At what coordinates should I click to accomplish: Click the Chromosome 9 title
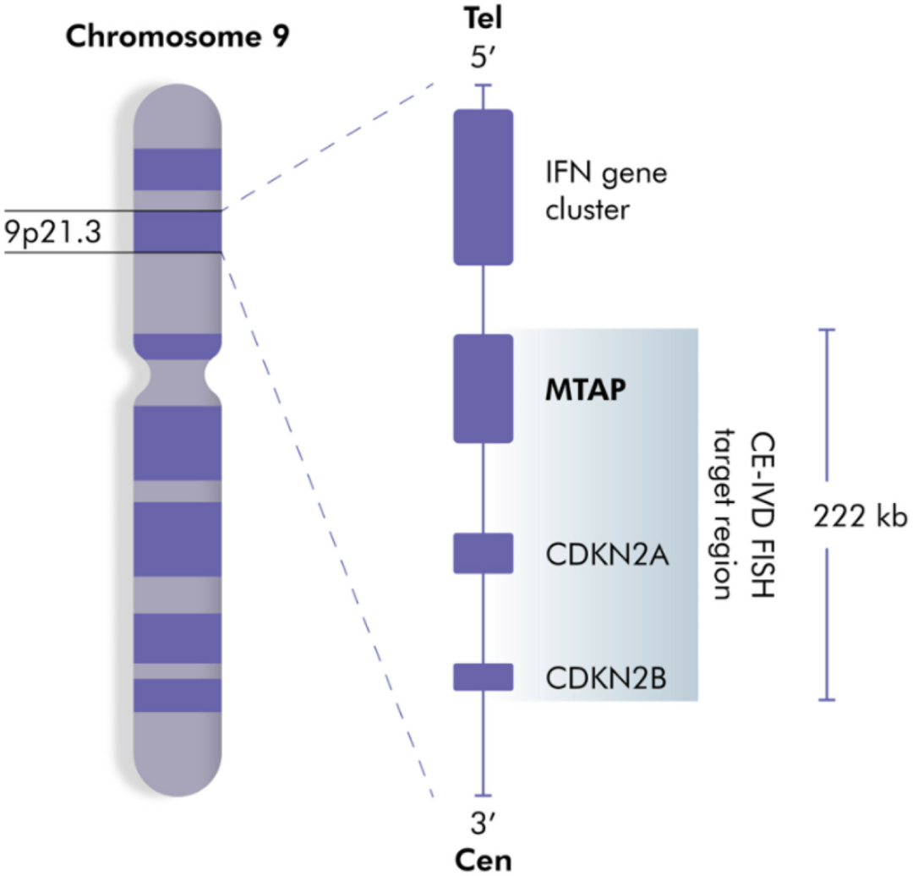click(x=177, y=36)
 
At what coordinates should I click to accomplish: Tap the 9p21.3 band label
click(x=53, y=232)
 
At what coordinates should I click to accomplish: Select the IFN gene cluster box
click(x=484, y=187)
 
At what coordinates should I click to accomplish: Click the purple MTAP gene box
click(x=484, y=388)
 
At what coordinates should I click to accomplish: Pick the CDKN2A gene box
click(x=484, y=553)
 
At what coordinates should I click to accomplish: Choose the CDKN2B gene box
click(x=484, y=676)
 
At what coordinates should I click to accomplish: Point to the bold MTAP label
click(x=585, y=390)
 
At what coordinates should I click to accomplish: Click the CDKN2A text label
click(x=607, y=555)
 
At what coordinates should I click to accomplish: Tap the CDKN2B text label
click(x=606, y=678)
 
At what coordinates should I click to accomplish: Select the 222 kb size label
click(x=860, y=516)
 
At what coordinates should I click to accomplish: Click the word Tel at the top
click(x=483, y=18)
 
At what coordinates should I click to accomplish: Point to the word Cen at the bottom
click(x=484, y=860)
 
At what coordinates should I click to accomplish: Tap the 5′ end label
click(x=483, y=57)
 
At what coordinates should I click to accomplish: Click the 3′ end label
click(x=483, y=824)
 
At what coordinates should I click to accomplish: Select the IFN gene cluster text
click(x=606, y=191)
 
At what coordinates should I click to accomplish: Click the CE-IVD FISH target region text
click(x=746, y=515)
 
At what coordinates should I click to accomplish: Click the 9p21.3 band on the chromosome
click(x=178, y=232)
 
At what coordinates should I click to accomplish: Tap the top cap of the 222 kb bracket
click(x=827, y=330)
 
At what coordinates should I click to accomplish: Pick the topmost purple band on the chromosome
click(x=178, y=169)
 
